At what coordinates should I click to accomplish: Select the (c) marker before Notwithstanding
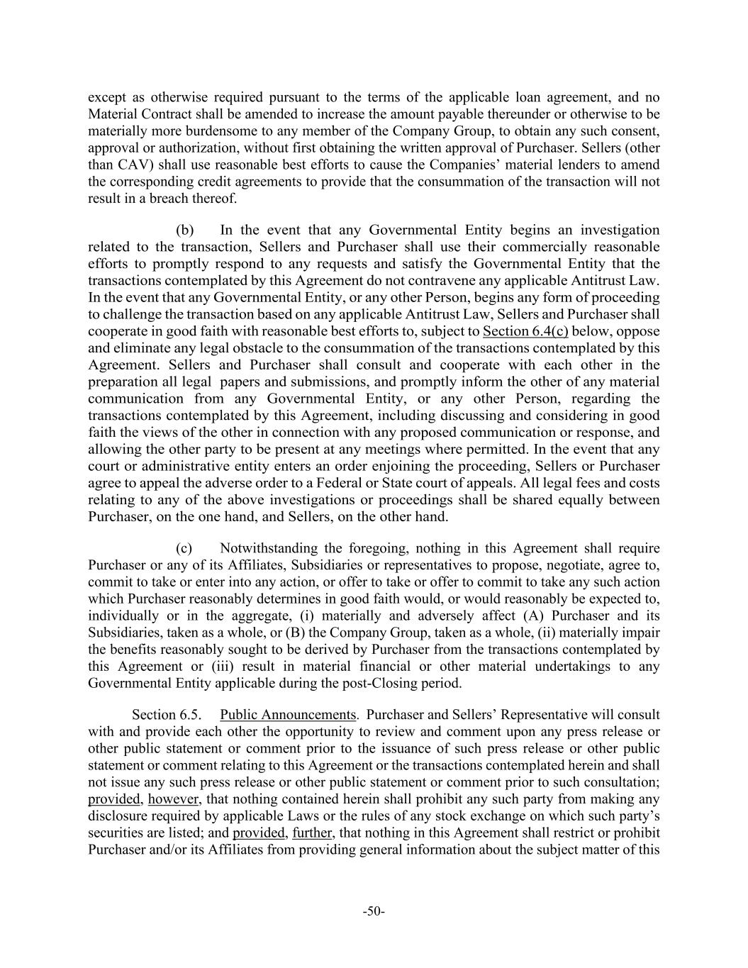click(x=184, y=548)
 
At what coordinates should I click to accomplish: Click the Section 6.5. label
click(x=166, y=715)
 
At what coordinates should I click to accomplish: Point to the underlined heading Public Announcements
click(x=288, y=715)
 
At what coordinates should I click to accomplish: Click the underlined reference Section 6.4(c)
click(x=525, y=331)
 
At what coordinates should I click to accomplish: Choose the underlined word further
click(x=312, y=833)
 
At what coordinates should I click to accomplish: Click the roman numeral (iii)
click(x=225, y=667)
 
